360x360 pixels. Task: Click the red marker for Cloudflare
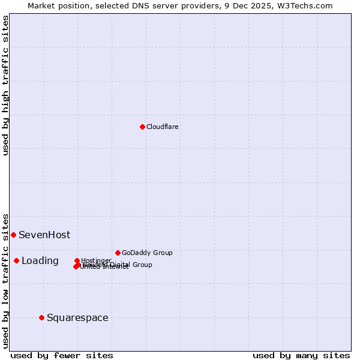142,127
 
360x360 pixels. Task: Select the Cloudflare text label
162,127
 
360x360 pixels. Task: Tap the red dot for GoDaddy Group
118,253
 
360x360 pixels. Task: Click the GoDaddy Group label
147,253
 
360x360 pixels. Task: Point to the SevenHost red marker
13,235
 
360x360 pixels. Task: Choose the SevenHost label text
44,235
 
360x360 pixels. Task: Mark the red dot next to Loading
16,260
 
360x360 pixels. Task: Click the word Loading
40,260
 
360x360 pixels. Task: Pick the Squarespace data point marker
41,317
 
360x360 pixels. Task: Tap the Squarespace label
77,317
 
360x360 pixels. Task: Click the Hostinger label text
96,260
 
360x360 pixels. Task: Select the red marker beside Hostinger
77,260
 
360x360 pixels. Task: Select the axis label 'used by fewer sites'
62,355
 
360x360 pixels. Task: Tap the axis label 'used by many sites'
301,355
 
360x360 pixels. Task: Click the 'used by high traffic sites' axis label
5,85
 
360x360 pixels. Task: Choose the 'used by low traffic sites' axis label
5,280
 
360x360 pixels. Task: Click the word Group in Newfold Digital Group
142,265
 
